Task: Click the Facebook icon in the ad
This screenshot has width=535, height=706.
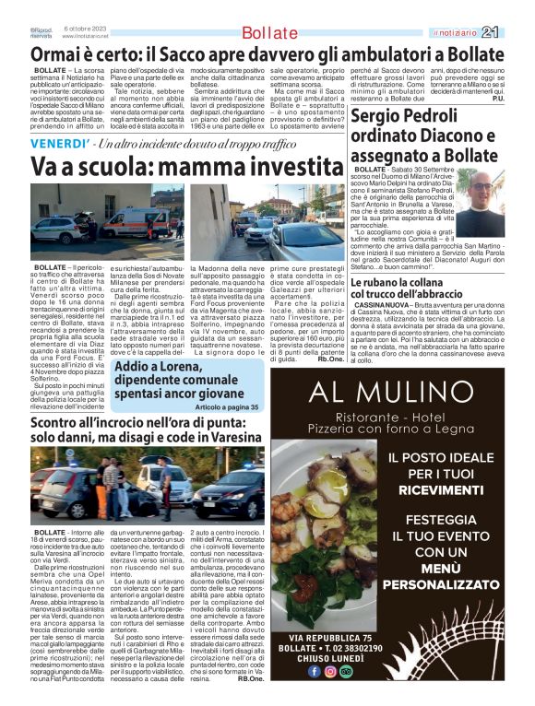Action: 313,670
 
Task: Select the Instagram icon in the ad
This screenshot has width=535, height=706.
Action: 329,670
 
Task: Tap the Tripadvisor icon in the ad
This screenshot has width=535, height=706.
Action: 346,670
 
